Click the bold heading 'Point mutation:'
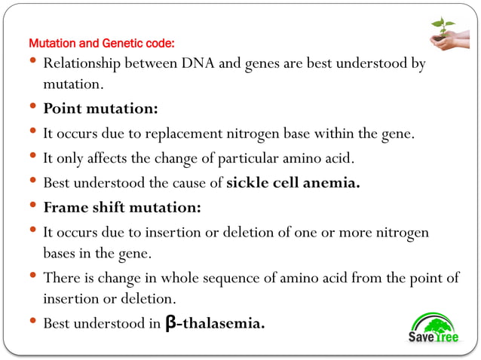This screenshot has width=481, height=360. tap(100, 109)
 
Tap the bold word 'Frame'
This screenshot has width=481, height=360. tap(64, 206)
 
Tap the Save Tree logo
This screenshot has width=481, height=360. tap(433, 328)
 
